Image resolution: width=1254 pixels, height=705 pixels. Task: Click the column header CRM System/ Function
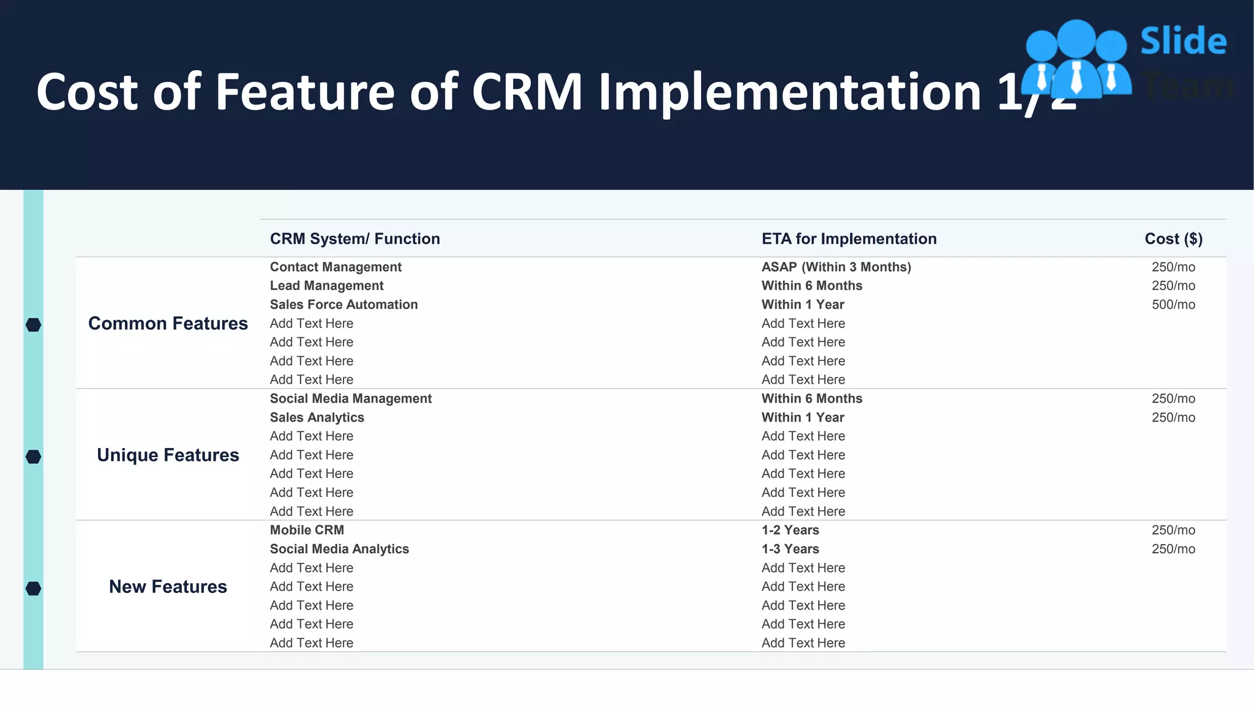point(355,239)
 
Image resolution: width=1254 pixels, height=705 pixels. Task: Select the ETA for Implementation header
point(849,239)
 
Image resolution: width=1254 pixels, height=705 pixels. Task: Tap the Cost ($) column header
point(1173,239)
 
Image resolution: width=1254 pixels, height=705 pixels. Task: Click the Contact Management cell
point(336,267)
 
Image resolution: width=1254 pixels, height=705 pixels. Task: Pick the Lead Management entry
point(326,286)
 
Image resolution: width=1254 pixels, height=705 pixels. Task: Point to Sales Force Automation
point(344,305)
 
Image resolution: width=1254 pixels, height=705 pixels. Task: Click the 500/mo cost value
point(1173,305)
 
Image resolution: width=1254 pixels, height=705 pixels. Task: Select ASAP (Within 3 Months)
point(836,267)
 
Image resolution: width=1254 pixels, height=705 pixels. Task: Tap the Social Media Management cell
point(350,398)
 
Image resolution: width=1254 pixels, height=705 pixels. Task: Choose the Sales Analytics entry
point(317,417)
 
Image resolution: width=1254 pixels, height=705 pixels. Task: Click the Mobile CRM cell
point(307,530)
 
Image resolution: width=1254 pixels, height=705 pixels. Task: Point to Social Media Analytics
point(339,549)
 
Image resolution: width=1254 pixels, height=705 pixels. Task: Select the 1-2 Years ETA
point(790,530)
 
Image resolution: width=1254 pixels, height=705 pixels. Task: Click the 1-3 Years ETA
point(790,549)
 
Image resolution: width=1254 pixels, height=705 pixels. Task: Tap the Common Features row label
point(168,323)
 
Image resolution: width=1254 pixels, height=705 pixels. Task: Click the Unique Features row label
point(168,455)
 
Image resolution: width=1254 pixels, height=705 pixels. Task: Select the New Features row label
point(168,586)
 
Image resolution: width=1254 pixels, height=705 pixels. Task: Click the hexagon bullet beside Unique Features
point(34,457)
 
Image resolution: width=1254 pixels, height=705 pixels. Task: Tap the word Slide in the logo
point(1183,42)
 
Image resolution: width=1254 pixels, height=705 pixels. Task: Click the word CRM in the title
point(527,92)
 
